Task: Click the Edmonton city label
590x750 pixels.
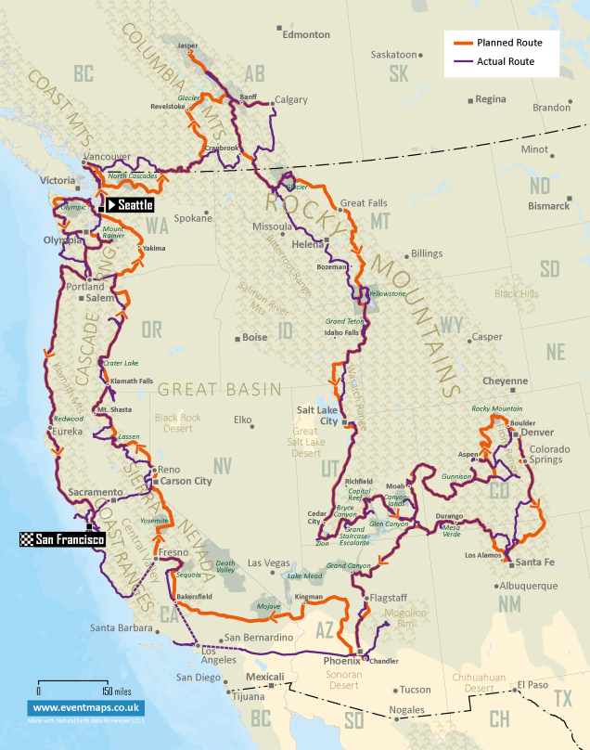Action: point(305,34)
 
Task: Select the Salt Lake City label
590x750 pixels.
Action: point(317,414)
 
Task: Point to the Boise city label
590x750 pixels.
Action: point(253,338)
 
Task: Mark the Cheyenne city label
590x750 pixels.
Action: point(506,381)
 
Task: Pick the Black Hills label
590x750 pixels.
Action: point(517,294)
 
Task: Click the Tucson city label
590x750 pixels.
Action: point(415,690)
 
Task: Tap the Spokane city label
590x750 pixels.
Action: point(193,219)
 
